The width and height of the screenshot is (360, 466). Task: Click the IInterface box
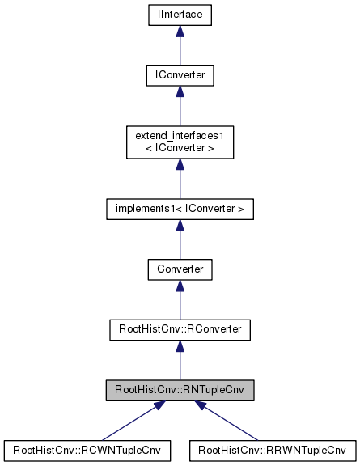pos(180,14)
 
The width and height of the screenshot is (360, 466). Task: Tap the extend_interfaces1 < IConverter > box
pos(180,142)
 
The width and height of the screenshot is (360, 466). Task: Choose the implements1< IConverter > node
pos(180,209)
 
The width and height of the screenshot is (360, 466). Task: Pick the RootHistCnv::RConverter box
pos(180,329)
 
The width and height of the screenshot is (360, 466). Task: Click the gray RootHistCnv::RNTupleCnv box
pos(180,391)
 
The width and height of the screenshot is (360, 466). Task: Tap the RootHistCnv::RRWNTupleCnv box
pos(272,451)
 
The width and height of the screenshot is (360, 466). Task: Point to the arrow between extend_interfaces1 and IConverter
pos(180,108)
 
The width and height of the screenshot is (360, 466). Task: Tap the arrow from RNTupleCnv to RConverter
pos(180,362)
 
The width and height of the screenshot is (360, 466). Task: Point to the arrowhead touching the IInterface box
pos(180,30)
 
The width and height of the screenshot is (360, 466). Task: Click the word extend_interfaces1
pos(180,135)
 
